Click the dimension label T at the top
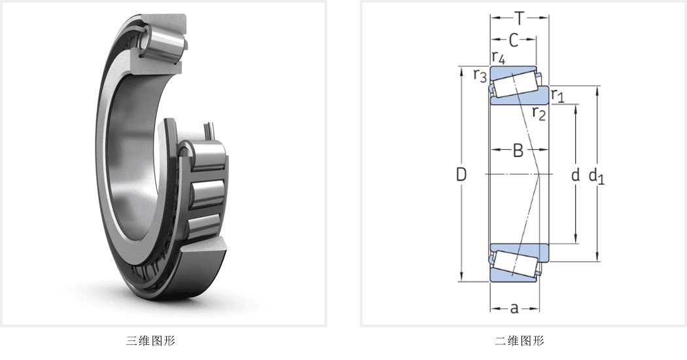coord(520,18)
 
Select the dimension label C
coord(514,41)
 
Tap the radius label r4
coord(498,57)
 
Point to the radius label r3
coord(480,75)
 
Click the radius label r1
coord(557,95)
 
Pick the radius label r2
coord(539,113)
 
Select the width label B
coord(518,151)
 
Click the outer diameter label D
coord(461,175)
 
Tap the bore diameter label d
coord(575,175)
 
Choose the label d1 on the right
coord(596,176)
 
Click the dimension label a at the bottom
coord(514,309)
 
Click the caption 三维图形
coord(150,341)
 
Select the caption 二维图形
coord(520,341)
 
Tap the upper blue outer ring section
coord(512,71)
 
